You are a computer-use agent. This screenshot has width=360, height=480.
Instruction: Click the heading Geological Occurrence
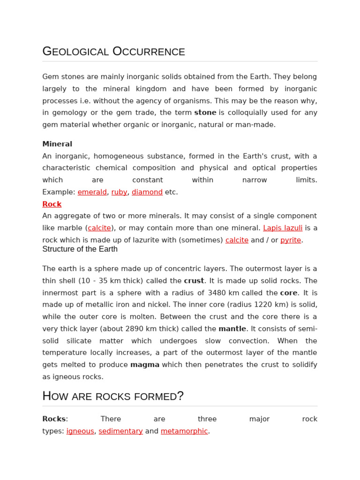point(113,51)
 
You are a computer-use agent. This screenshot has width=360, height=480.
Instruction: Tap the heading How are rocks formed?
point(113,396)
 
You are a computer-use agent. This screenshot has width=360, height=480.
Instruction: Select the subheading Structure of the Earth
point(80,249)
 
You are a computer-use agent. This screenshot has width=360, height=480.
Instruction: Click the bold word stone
point(205,112)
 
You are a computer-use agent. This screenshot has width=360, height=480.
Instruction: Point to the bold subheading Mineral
point(57,144)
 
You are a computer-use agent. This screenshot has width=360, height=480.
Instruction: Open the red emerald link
point(92,192)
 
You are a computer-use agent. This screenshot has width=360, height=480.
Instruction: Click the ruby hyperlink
point(119,192)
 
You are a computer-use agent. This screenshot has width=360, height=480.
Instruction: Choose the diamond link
point(147,192)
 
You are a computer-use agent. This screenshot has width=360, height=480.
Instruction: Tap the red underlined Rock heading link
point(52,204)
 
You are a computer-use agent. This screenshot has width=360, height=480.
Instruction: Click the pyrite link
point(291,240)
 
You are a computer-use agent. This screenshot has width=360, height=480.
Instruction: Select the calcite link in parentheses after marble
point(99,228)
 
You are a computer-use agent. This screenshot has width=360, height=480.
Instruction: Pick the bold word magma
point(145,365)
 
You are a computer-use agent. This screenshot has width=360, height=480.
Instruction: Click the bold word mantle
point(232,329)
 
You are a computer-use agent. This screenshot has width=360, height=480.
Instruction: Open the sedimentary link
point(120,431)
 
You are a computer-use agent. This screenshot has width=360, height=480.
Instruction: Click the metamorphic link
point(184,431)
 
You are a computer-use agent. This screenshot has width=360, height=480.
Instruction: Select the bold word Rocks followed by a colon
point(54,419)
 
